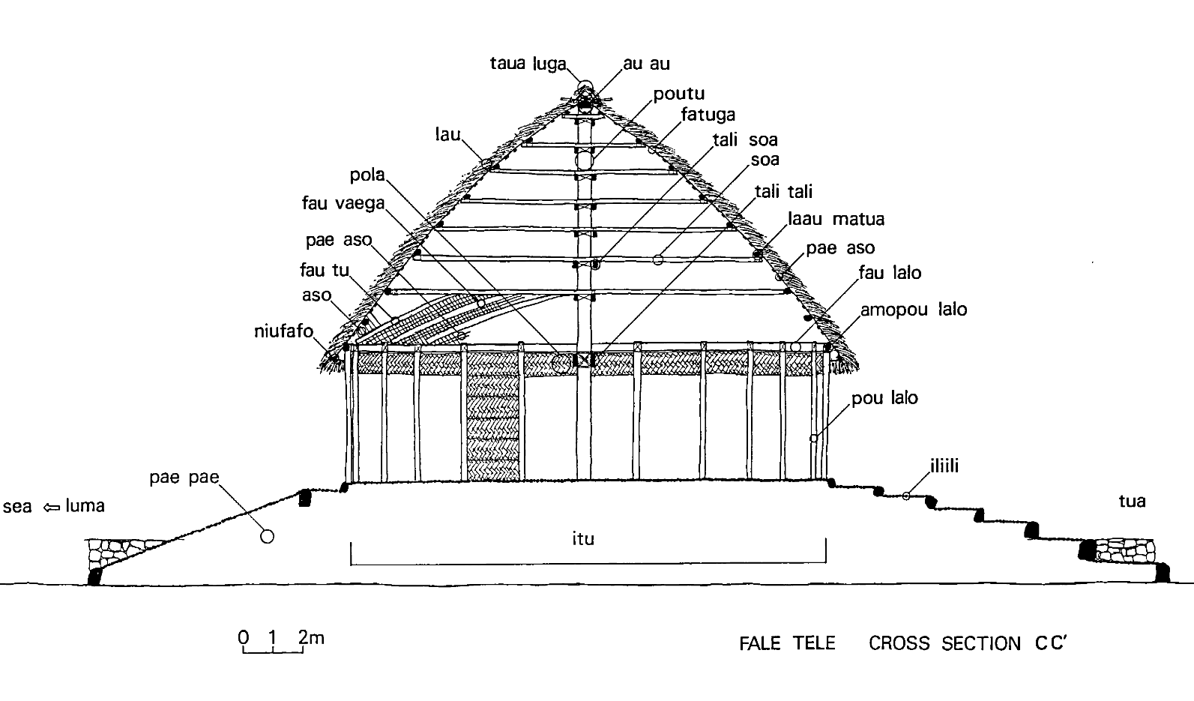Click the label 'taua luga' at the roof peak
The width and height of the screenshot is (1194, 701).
click(528, 64)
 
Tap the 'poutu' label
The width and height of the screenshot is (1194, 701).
click(678, 94)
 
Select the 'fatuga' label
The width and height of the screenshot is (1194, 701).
click(708, 115)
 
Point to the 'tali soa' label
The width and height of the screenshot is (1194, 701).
click(745, 139)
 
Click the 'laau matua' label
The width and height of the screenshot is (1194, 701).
click(836, 219)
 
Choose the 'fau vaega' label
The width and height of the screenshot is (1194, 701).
click(343, 203)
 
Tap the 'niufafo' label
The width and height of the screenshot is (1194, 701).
click(283, 331)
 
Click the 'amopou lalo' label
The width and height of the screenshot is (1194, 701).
click(914, 309)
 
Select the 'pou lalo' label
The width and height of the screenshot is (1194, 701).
click(884, 397)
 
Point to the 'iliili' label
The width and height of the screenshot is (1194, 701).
click(944, 466)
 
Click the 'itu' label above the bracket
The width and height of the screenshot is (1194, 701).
click(583, 538)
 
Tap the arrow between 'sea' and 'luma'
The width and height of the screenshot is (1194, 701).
click(51, 507)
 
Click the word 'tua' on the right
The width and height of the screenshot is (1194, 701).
click(1132, 501)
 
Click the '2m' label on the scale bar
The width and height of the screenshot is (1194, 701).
click(311, 637)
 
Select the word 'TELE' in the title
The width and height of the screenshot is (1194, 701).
click(814, 643)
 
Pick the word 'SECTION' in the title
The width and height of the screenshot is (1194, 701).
click(981, 643)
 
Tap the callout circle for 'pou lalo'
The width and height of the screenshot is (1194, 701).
click(813, 439)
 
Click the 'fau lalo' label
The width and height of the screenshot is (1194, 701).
click(890, 273)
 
